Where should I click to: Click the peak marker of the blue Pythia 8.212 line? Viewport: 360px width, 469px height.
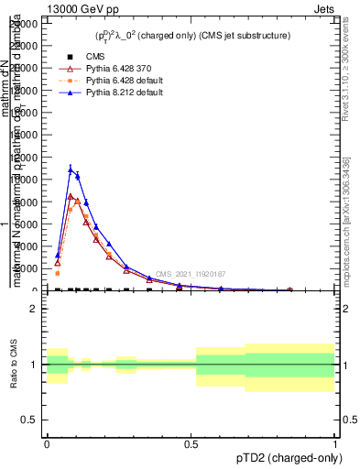pos(71,169)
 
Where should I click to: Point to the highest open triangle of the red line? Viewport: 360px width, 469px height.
pos(71,196)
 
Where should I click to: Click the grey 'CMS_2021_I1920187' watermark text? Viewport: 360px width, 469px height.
pos(190,274)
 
